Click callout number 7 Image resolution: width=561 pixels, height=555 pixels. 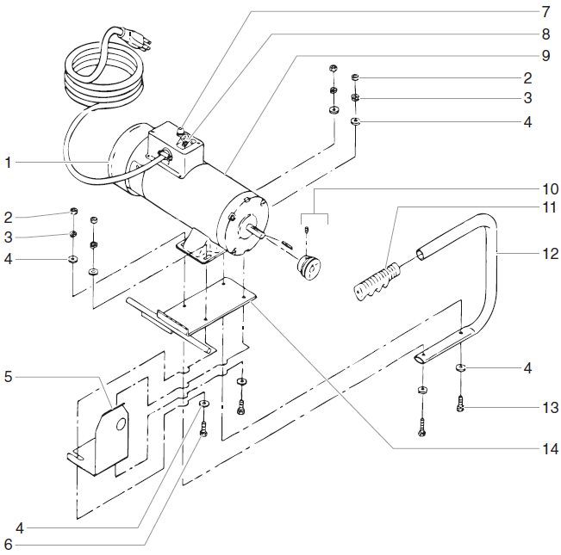[545, 13]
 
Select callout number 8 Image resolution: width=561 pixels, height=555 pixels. [545, 34]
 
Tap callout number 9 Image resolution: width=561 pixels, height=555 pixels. [545, 56]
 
